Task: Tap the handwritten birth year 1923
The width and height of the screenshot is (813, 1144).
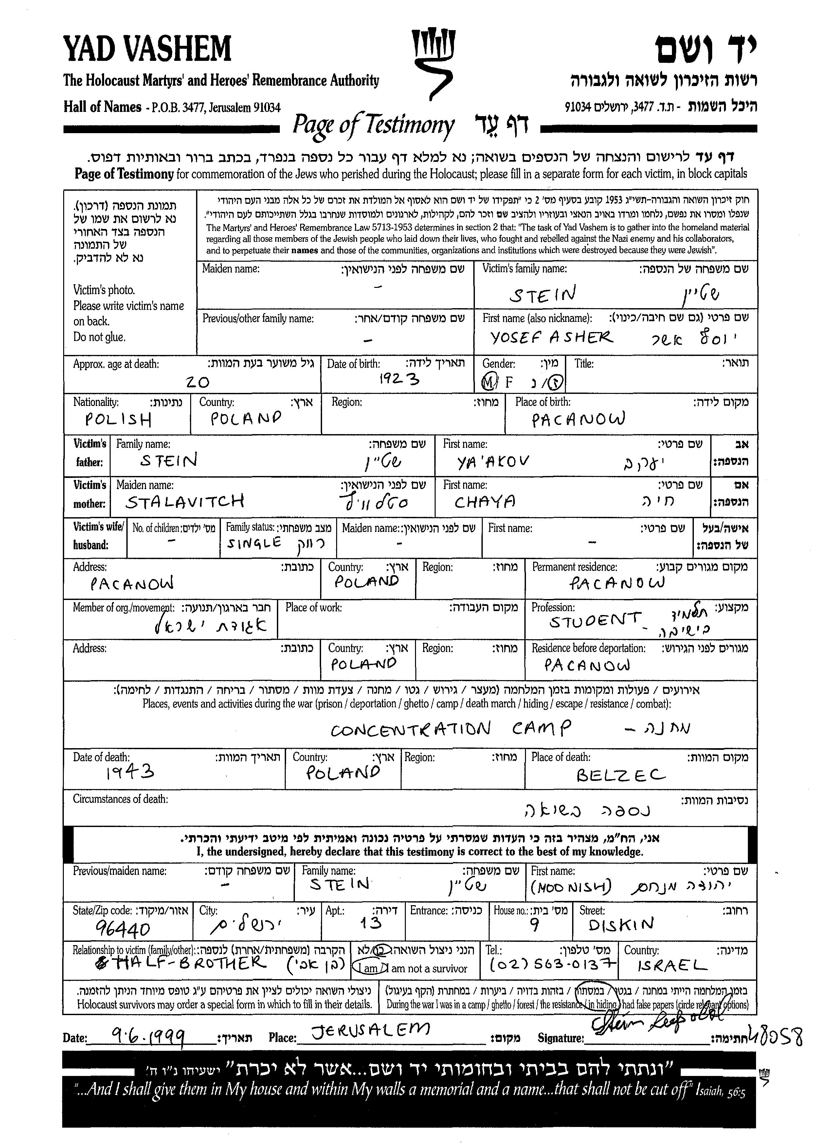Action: coord(399,380)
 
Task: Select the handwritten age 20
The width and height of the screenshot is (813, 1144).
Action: coord(197,382)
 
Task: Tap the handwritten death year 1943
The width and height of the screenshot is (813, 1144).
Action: coord(130,774)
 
